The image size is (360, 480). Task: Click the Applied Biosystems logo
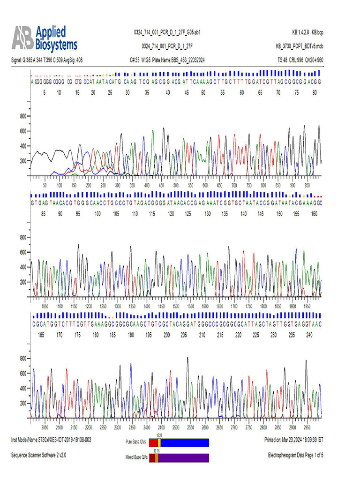(x=45, y=38)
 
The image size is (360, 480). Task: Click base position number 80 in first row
(x=315, y=93)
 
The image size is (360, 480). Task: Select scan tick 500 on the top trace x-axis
(x=176, y=186)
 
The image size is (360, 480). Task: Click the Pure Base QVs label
(x=136, y=442)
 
